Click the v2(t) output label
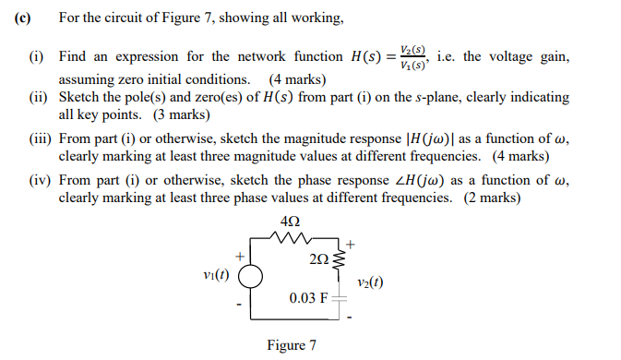[368, 283]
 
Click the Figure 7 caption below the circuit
[291, 345]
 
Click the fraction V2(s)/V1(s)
[413, 56]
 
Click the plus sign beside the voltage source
[239, 255]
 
